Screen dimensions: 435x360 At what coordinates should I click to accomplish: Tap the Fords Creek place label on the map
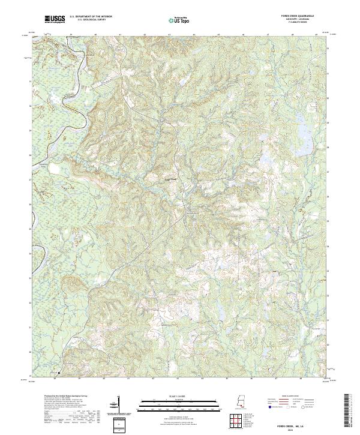pos(171,178)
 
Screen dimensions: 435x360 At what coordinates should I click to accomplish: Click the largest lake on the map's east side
pos(266,160)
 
